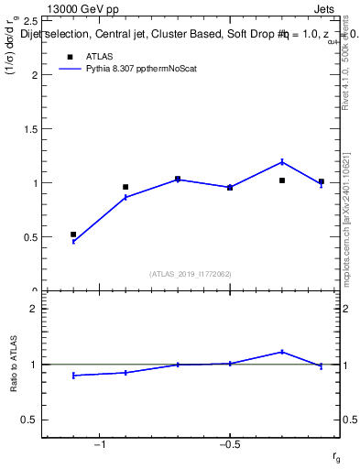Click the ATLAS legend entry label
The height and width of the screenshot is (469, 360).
[x=100, y=55]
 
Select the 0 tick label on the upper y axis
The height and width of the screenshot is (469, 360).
[x=34, y=289]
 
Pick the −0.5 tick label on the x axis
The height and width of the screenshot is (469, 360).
[x=229, y=444]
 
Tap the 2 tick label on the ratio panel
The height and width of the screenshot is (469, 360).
[x=33, y=310]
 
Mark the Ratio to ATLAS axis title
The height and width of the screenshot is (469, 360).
[x=14, y=365]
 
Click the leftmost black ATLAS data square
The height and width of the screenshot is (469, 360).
[x=73, y=234]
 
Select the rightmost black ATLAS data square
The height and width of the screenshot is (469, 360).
[x=322, y=181]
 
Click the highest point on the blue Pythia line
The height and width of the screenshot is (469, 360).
[x=282, y=162]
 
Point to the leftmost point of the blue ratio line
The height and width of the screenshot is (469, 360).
[x=73, y=376]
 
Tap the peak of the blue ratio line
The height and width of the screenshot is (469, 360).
[x=282, y=351]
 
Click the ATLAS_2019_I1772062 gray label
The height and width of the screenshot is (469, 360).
[x=191, y=273]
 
